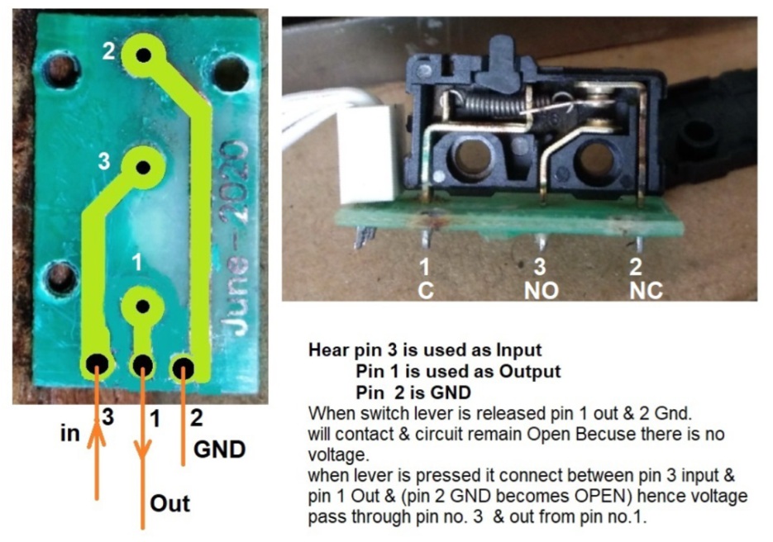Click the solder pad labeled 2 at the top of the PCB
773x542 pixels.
(143, 55)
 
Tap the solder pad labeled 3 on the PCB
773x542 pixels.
(143, 168)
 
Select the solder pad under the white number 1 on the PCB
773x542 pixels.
(142, 307)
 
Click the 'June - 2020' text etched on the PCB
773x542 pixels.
(235, 239)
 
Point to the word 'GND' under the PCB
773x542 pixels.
(219, 449)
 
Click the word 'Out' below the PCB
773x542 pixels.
(169, 503)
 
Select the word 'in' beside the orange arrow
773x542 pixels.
(69, 433)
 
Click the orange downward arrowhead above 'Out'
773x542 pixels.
(142, 449)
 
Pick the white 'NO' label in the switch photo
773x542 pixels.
(541, 291)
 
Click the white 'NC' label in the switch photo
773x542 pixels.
(646, 291)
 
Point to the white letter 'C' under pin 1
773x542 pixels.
(426, 291)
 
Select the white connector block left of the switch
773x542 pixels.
(367, 156)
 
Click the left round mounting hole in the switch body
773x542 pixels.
(468, 159)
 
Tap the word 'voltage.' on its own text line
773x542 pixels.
(338, 454)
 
